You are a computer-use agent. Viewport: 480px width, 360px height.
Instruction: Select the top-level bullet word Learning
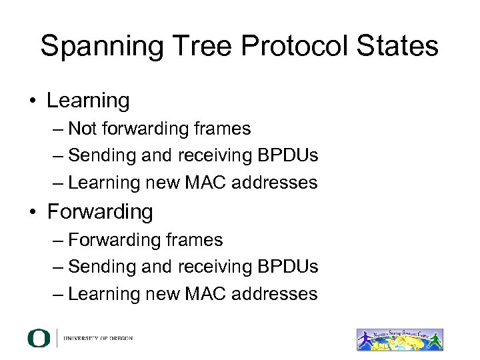pos(88,102)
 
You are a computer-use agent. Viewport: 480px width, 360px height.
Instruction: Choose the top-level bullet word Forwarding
pos(100,213)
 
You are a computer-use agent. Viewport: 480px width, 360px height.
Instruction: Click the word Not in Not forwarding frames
pos(83,128)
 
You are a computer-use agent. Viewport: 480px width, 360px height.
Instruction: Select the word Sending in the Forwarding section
pos(103,267)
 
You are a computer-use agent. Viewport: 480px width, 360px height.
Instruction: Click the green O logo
pos(38,338)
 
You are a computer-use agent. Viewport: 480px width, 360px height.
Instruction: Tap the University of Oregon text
pos(98,338)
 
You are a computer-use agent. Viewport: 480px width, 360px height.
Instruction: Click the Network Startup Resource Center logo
pos(400,338)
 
